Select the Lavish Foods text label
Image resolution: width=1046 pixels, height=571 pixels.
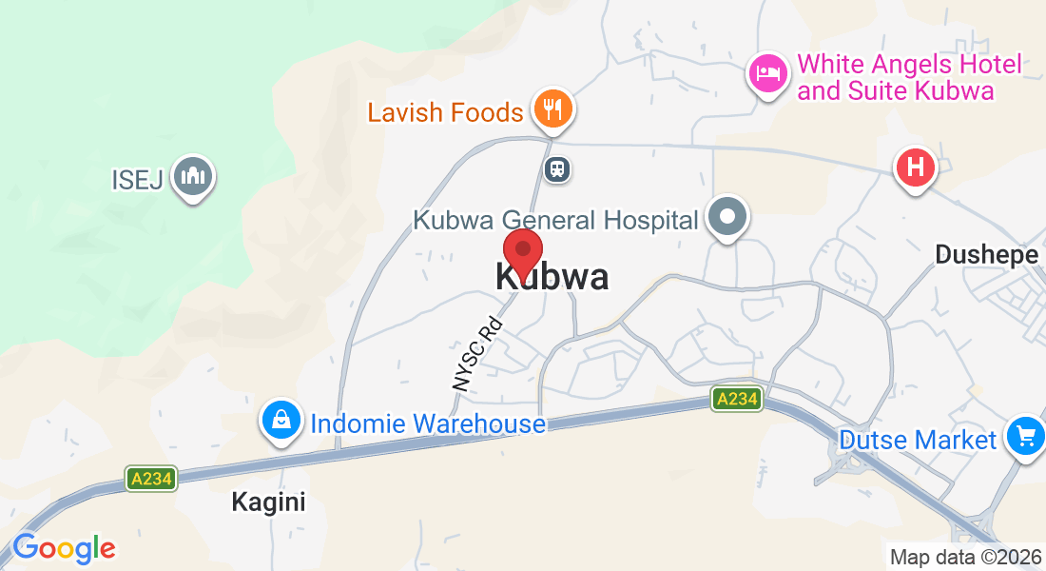(445, 112)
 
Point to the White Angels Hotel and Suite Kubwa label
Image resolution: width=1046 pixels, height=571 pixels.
(909, 78)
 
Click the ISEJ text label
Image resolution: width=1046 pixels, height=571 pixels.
(137, 179)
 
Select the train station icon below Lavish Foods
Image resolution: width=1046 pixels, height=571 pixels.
(556, 169)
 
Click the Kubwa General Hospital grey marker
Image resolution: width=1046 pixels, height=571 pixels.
(727, 216)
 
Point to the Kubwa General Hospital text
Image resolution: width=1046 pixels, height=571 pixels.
(555, 221)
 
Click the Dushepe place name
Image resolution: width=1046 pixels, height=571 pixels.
(986, 254)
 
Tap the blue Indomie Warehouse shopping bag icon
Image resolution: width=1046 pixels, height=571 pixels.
(282, 420)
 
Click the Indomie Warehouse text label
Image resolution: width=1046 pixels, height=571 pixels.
(428, 423)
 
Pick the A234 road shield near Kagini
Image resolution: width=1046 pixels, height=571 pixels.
(151, 479)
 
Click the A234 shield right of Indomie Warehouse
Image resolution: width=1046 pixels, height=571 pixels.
(738, 400)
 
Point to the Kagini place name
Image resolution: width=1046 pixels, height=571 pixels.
(269, 502)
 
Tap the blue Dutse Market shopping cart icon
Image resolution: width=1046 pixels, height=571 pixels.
(1025, 436)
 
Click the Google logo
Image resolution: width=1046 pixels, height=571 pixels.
(64, 548)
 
